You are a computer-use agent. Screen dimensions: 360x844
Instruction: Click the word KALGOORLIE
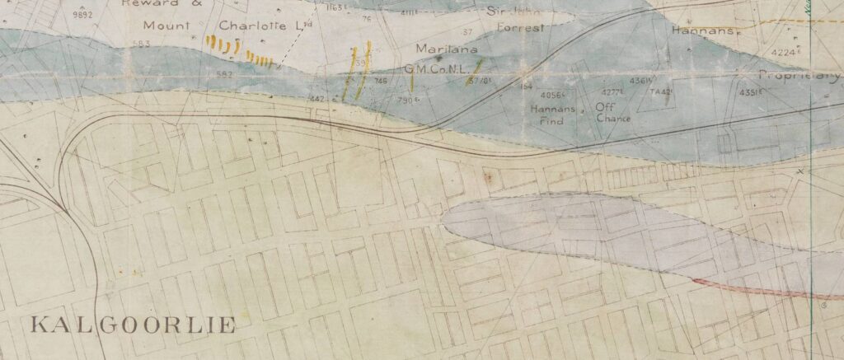tap(133, 324)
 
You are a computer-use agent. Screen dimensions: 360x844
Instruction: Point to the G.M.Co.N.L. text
tap(434, 68)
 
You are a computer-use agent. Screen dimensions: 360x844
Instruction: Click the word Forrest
tap(521, 27)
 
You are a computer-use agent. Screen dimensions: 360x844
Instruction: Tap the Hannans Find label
tap(551, 115)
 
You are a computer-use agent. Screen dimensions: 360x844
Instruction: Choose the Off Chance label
tap(612, 112)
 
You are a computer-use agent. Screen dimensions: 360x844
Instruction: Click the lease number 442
tap(316, 98)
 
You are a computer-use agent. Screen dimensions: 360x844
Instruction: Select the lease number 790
tap(405, 100)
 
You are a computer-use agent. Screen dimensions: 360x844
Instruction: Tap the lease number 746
tap(380, 81)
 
